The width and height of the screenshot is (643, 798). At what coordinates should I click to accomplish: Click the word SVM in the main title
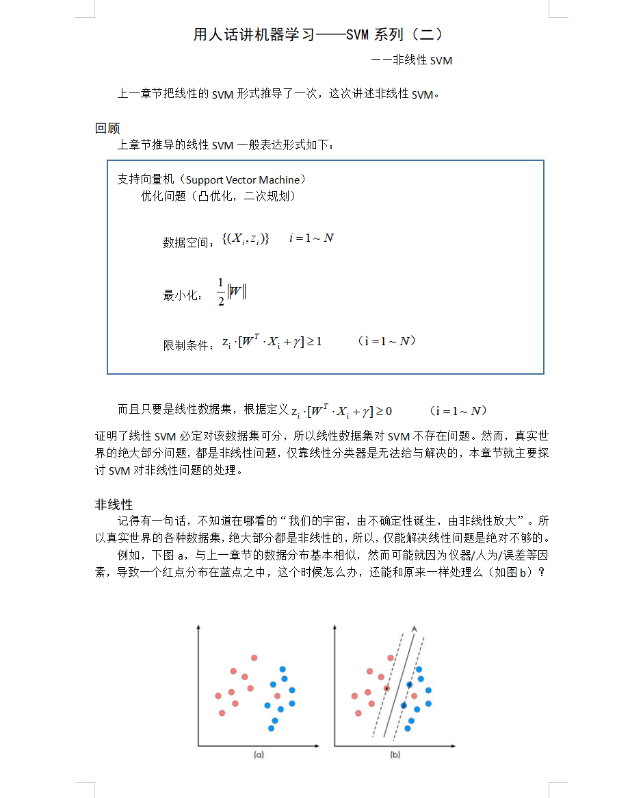358,34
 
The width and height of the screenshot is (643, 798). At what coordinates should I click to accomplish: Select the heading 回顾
107,128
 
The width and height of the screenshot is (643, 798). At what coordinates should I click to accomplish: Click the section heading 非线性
114,505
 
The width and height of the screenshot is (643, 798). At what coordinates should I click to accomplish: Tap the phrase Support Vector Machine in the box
243,180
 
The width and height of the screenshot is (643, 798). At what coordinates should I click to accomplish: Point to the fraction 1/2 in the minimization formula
221,292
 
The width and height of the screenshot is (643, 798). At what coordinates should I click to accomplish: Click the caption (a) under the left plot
259,754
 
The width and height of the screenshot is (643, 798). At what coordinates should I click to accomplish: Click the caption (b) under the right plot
395,754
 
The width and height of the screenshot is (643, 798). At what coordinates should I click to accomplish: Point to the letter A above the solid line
414,627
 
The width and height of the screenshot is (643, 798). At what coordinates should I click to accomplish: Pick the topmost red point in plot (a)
254,658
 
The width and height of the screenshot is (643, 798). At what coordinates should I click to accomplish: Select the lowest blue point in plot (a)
271,728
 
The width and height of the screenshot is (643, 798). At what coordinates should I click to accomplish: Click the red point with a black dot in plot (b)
386,688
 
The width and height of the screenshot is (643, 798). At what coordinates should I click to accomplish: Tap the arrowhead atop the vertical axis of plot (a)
198,626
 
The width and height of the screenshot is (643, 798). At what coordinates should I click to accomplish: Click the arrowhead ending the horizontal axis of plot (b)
453,745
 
